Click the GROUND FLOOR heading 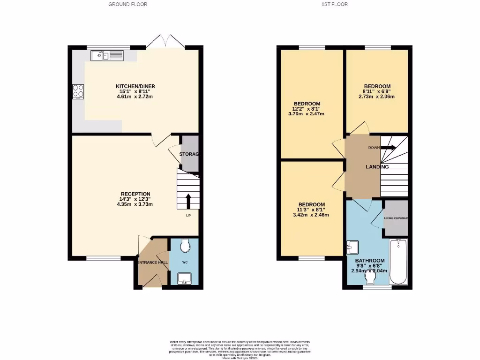point(128,4)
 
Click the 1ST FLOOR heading point(335,4)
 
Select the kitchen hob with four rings point(78,91)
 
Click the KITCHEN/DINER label point(135,86)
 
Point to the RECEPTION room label point(135,194)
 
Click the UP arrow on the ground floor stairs point(188,200)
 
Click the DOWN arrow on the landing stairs point(389,148)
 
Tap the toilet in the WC point(185,245)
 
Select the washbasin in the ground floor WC point(184,280)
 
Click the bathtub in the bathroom point(398,261)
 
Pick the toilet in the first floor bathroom point(370,278)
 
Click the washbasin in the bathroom point(352,247)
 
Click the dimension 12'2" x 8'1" point(307,109)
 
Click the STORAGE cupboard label point(189,154)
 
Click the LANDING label point(377,166)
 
